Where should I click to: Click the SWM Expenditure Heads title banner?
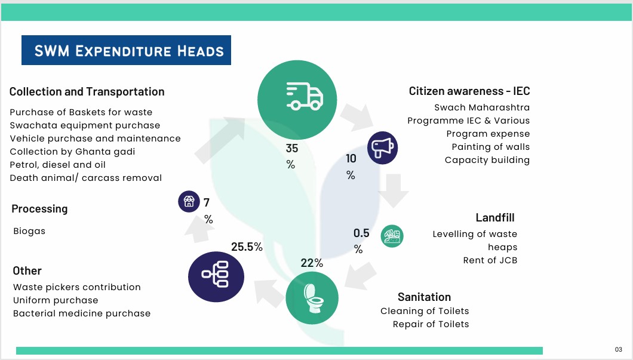tap(126, 50)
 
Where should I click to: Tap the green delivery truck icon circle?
tap(297, 100)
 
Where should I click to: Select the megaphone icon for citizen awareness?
tap(382, 147)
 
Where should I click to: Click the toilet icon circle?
tap(312, 298)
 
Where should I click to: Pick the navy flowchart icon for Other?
tap(216, 277)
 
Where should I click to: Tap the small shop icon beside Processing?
tap(189, 201)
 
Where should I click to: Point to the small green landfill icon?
tap(392, 236)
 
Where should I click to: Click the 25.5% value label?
tap(247, 247)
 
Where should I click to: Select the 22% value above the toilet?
tap(312, 263)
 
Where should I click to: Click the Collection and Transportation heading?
tap(87, 92)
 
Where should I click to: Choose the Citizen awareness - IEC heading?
tap(469, 91)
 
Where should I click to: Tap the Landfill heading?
tap(495, 217)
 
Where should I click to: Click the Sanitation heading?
tap(424, 297)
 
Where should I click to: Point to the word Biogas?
tap(29, 231)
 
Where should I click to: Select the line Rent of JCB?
tap(490, 260)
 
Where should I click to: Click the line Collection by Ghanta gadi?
tap(73, 152)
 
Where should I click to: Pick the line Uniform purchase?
tap(56, 300)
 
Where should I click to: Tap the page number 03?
tap(619, 349)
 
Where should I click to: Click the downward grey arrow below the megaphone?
tap(394, 190)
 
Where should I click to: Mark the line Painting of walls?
tap(490, 147)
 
